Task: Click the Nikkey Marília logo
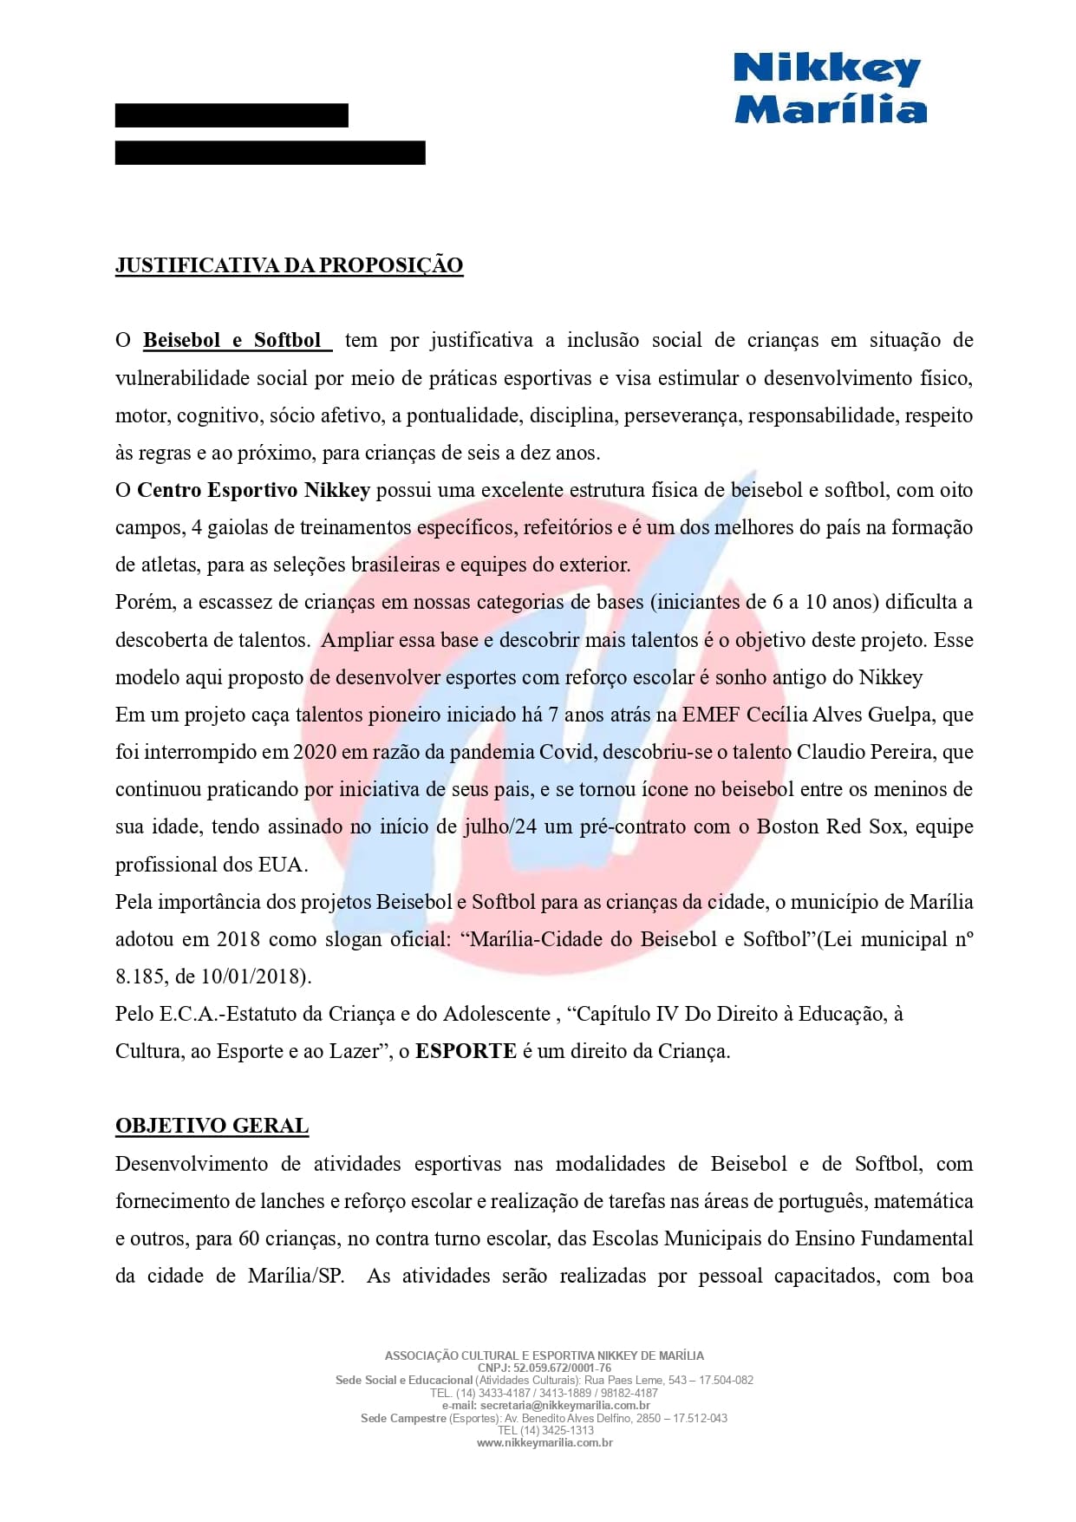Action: [x=830, y=88]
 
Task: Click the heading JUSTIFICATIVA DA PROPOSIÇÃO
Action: [x=289, y=265]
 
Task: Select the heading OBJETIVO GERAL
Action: [x=212, y=1126]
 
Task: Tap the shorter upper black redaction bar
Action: [x=232, y=115]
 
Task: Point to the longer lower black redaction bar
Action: [x=270, y=153]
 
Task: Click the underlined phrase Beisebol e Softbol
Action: [x=232, y=340]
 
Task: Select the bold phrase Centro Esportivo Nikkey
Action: [x=253, y=490]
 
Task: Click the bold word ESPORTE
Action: [x=466, y=1051]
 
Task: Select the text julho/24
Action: [x=499, y=826]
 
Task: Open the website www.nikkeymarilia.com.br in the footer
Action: [x=545, y=1443]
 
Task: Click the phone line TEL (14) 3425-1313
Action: [x=545, y=1430]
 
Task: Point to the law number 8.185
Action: [x=139, y=977]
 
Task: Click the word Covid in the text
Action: [x=567, y=752]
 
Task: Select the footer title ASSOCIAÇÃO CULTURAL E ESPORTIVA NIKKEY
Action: [x=545, y=1355]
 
